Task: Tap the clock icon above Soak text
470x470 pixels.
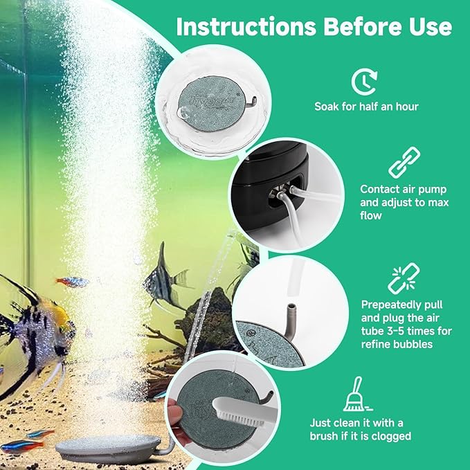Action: pyautogui.click(x=363, y=82)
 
